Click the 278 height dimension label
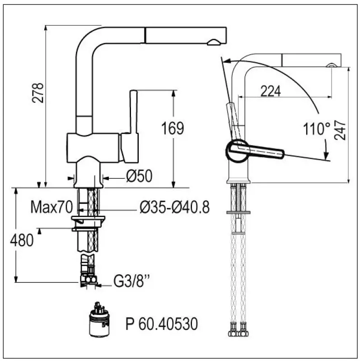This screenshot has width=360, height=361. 38,93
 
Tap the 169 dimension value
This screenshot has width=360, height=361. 173,128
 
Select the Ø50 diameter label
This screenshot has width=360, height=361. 139,176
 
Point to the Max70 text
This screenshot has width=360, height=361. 51,207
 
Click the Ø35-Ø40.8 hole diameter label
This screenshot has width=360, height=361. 175,207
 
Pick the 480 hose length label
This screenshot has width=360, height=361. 22,240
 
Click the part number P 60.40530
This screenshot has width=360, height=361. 162,324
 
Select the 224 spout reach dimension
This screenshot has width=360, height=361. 271,91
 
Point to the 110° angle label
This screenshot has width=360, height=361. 317,129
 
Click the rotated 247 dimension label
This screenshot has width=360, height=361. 340,130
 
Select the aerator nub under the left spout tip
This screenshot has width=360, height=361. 214,42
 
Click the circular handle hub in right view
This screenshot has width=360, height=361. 237,151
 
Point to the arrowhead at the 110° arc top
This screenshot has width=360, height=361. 227,61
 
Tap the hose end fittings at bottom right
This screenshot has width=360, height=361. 238,330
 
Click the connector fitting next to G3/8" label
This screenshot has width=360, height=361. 89,280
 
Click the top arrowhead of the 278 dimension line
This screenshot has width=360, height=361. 46,28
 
